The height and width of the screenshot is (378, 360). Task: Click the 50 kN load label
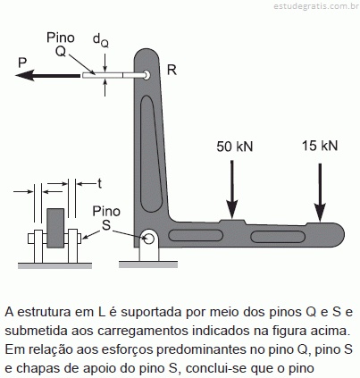click(x=234, y=147)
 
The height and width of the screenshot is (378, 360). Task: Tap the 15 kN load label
click(x=320, y=146)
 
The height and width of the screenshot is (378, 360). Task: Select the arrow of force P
click(x=47, y=75)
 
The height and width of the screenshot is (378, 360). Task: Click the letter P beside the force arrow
click(x=22, y=63)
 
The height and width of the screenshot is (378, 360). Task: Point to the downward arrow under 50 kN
click(x=231, y=189)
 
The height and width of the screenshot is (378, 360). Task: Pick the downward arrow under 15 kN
click(x=320, y=193)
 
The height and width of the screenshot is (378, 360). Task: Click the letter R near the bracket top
click(x=172, y=70)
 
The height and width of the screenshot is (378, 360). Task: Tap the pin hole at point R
click(x=147, y=75)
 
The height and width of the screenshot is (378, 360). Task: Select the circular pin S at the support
click(x=148, y=238)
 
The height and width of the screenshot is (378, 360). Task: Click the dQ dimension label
click(x=101, y=40)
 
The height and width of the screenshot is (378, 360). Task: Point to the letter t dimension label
click(x=100, y=183)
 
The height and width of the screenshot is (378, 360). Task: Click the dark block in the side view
click(x=55, y=228)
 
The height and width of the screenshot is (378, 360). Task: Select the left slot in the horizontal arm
click(x=196, y=235)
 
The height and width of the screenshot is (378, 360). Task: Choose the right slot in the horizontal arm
click(x=278, y=237)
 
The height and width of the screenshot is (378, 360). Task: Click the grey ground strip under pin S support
click(x=148, y=265)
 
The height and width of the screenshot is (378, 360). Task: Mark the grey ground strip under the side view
click(x=54, y=265)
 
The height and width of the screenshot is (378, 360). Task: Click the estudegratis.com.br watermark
click(x=316, y=6)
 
